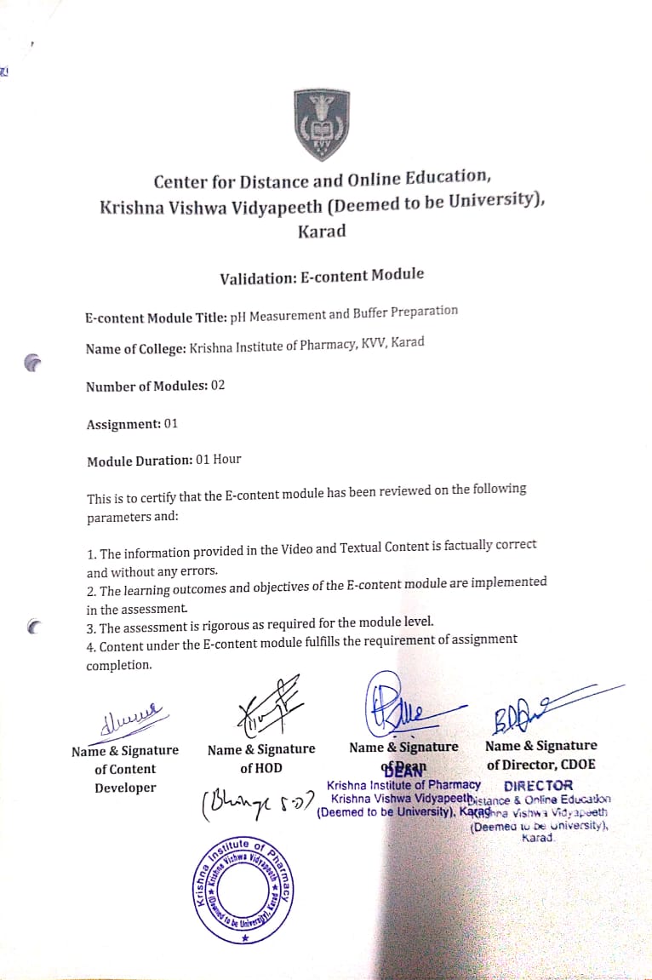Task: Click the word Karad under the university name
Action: (x=322, y=232)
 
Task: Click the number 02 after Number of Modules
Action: (x=218, y=385)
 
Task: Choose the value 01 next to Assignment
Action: (x=170, y=423)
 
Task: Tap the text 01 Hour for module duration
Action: (x=218, y=460)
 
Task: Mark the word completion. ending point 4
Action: (x=118, y=666)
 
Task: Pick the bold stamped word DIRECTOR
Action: (x=538, y=785)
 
